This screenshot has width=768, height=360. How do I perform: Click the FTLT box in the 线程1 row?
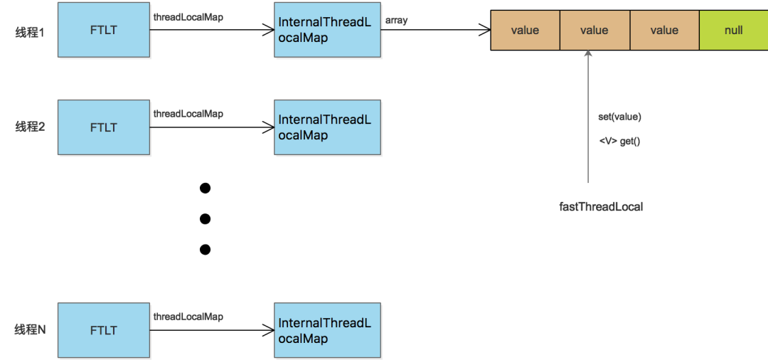coord(103,30)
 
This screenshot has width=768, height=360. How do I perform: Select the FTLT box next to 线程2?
coord(103,127)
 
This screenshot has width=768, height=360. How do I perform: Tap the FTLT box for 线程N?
coord(103,330)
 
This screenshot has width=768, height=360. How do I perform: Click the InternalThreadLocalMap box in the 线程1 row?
coord(327,30)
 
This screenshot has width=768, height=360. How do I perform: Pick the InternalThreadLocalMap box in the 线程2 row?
coord(327,127)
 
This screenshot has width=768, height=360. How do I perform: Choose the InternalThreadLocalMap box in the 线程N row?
coord(327,330)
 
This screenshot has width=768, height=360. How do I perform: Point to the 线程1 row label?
coord(30,31)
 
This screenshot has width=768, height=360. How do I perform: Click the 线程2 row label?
coord(30,127)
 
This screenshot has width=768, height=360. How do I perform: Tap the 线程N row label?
coord(30,329)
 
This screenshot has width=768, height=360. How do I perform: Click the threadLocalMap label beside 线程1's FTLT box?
coord(188,16)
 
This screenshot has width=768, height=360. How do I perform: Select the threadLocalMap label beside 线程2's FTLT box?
coord(188,114)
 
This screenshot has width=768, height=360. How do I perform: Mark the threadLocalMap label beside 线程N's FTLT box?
coord(188,317)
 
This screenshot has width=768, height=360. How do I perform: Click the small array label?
coord(396,21)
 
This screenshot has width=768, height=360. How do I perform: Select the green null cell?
coord(733,30)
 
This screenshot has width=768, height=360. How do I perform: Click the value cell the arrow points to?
coord(594,30)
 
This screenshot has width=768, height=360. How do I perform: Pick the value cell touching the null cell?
coord(664,30)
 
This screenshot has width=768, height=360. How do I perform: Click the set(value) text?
coord(619,117)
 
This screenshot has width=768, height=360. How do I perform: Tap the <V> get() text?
coord(619,142)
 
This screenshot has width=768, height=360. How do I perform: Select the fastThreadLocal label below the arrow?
coord(601,206)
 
